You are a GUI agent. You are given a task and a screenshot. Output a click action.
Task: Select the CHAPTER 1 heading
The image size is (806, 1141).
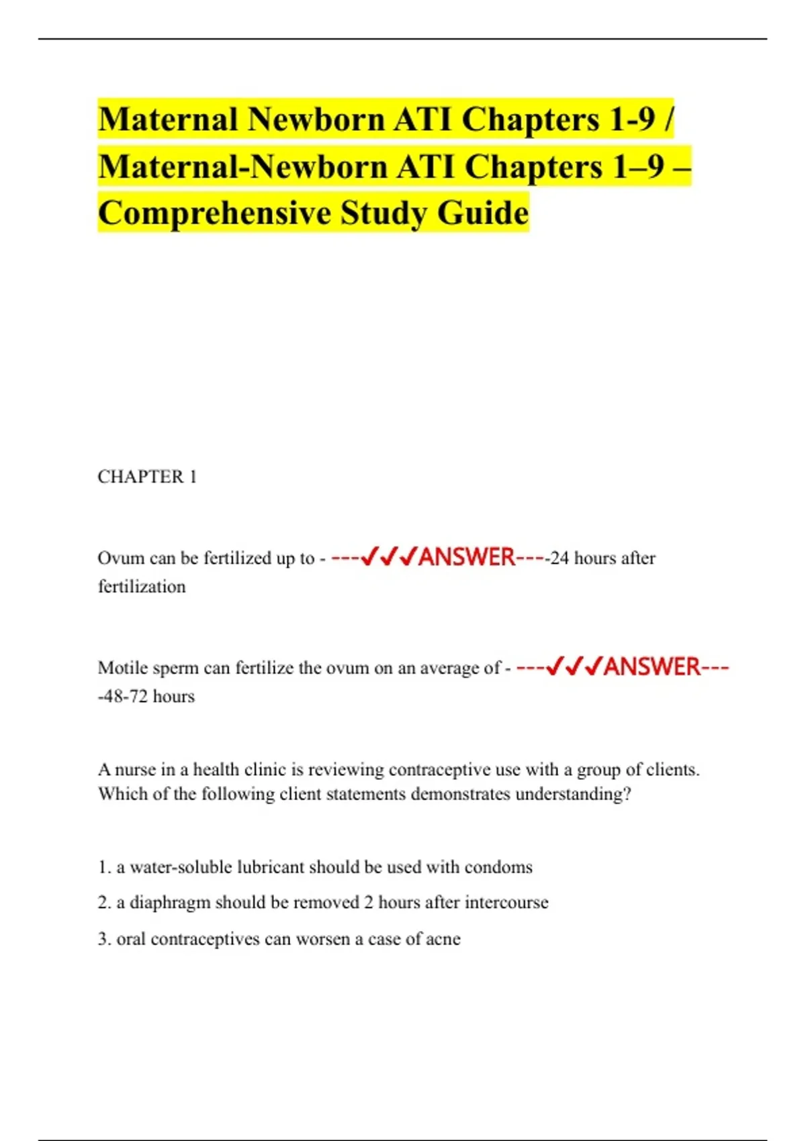click(x=147, y=477)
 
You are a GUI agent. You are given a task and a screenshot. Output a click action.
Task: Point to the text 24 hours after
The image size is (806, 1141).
click(x=602, y=558)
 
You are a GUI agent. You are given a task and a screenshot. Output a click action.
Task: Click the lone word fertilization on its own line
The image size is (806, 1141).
click(x=142, y=587)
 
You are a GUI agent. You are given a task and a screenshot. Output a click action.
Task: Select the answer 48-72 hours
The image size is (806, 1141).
click(x=147, y=697)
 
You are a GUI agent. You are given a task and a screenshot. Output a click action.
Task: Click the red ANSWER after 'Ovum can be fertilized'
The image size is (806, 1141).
click(x=466, y=557)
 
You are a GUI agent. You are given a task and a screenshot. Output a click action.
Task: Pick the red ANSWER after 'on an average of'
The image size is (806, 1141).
click(x=652, y=667)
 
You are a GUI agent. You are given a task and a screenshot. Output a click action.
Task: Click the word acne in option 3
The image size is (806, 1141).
click(x=443, y=939)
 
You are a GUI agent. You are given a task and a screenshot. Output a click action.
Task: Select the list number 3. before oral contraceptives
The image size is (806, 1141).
click(x=104, y=939)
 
